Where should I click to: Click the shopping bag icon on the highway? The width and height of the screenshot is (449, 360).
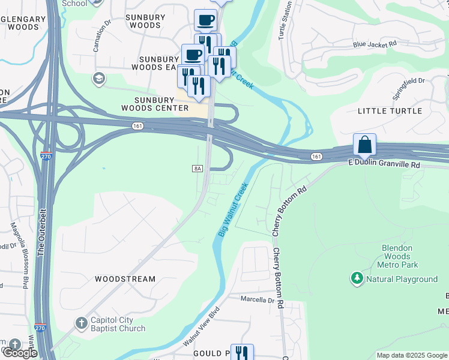364,145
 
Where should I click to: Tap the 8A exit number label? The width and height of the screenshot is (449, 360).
197,169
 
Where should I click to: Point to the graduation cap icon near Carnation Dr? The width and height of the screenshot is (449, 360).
98,79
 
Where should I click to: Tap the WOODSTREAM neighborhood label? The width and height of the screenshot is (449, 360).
125,279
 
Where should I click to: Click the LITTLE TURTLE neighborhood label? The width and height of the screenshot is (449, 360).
390,111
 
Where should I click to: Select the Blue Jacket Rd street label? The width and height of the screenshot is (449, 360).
375,44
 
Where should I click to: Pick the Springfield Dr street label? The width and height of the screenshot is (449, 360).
408,81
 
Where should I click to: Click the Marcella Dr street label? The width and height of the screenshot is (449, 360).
257,299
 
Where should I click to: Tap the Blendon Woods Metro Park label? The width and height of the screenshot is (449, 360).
397,256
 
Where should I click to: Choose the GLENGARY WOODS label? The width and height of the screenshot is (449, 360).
23,23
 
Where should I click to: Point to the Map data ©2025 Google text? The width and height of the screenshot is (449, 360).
412,355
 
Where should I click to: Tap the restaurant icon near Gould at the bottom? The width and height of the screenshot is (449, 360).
242,353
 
